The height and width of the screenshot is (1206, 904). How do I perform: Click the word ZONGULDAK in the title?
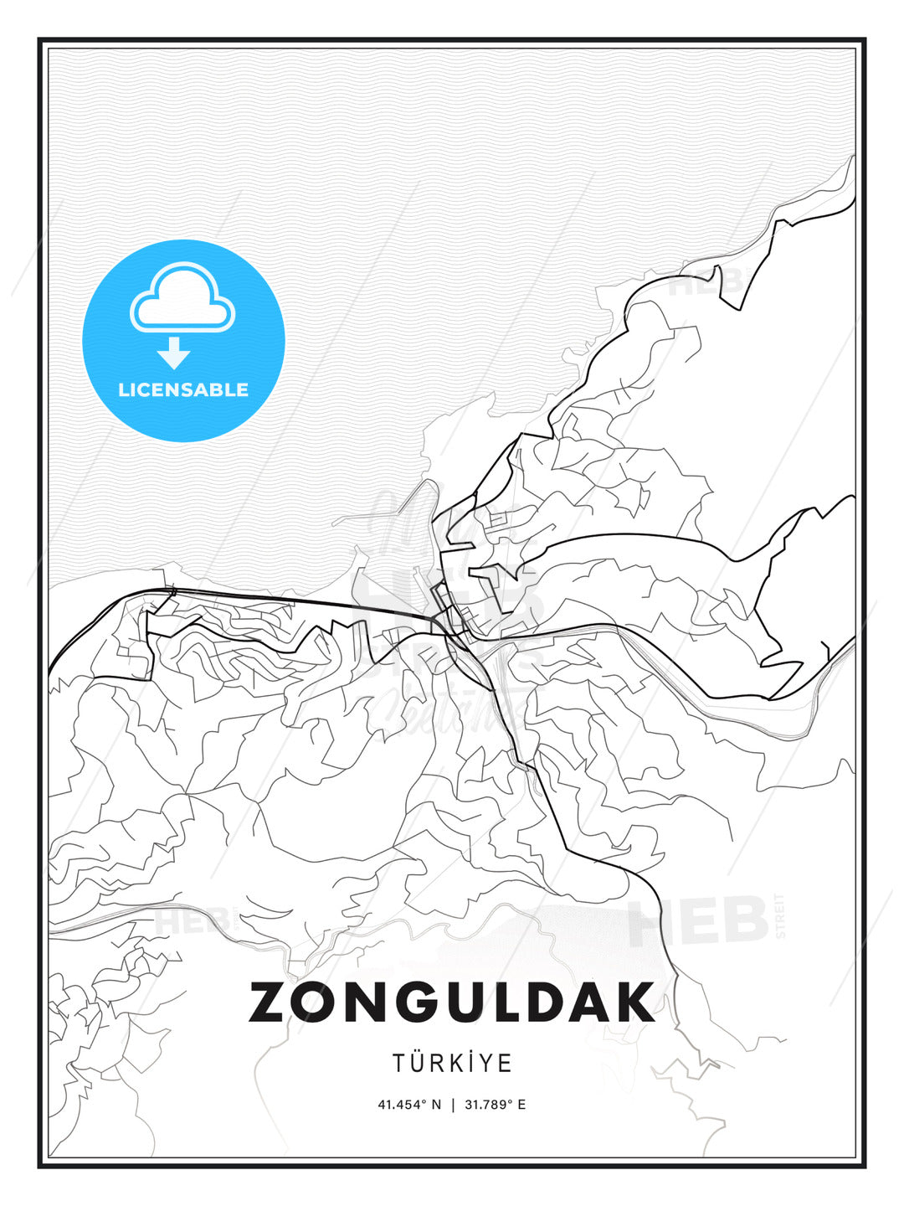click(x=452, y=1002)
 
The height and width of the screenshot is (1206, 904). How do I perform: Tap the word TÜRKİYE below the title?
click(x=452, y=1064)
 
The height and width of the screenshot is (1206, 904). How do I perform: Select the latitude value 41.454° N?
click(x=409, y=1105)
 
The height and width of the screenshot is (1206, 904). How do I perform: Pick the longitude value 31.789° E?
click(x=495, y=1105)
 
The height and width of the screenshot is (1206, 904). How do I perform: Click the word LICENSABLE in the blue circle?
click(x=183, y=389)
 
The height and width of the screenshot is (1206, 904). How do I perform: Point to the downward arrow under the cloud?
click(x=174, y=353)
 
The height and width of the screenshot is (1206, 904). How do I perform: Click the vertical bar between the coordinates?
click(x=453, y=1105)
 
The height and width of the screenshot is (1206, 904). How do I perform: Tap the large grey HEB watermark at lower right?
click(x=699, y=921)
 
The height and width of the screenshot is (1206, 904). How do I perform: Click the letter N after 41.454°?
click(x=436, y=1105)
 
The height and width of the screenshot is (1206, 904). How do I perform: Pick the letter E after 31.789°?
click(x=521, y=1105)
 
